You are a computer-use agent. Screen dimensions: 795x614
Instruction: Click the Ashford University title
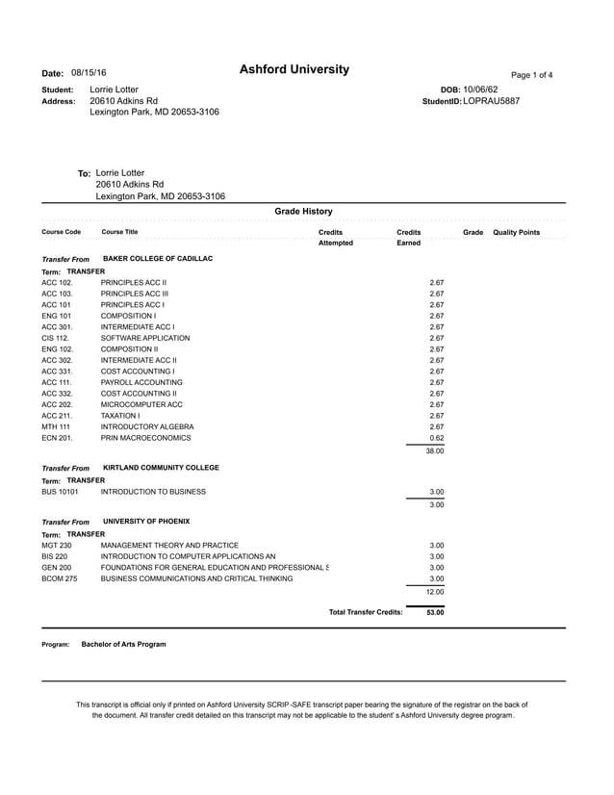coord(294,70)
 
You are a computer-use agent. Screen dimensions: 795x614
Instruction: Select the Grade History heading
coord(303,211)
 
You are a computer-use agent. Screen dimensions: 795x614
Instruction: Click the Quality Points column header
coord(516,233)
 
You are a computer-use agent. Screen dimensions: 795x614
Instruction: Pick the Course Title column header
coord(119,233)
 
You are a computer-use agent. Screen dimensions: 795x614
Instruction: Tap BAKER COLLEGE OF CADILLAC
coord(158,259)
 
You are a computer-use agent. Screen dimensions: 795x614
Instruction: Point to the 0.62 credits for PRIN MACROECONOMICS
coord(436,438)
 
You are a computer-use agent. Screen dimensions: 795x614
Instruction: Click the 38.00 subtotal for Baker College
coord(434,450)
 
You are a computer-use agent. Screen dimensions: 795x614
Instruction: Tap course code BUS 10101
coord(60,491)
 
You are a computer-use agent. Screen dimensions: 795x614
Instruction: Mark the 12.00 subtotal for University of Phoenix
coord(434,592)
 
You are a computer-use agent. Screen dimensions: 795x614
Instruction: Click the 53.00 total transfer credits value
coord(434,612)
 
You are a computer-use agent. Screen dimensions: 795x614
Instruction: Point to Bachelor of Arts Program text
coord(123,644)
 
